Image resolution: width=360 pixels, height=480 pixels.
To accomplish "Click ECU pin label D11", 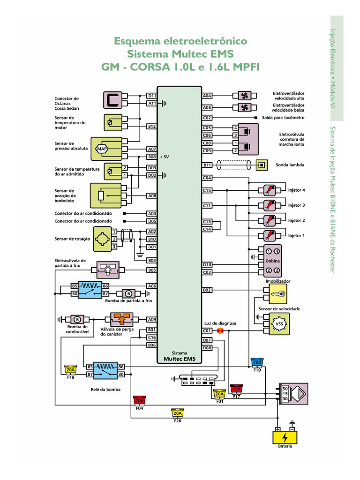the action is [152, 96].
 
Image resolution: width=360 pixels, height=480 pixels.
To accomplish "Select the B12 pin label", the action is [152, 126].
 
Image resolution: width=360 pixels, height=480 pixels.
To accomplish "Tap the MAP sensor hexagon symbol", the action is [102, 149].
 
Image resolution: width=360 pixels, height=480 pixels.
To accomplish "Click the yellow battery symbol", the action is [285, 437].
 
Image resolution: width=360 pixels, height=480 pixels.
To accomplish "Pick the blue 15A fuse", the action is [257, 362].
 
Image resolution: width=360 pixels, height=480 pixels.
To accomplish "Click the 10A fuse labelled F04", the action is [139, 400].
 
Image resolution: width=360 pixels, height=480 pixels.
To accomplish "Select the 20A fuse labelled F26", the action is [178, 413].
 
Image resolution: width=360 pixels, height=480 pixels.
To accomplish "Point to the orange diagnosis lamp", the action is [220, 330].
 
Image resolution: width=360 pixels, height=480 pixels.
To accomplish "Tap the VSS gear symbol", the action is [279, 324].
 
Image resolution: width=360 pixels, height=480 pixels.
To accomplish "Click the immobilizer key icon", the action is [278, 294].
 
